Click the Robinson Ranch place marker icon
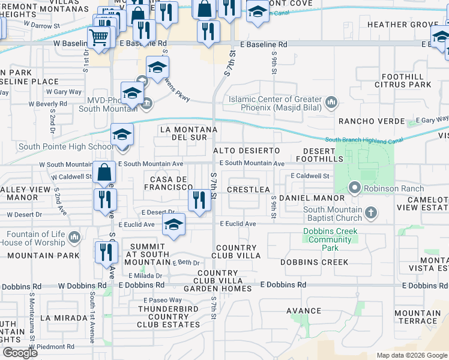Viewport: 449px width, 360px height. click(355, 188)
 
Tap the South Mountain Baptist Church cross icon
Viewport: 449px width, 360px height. click(372, 212)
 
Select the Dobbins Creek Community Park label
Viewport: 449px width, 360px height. click(330, 239)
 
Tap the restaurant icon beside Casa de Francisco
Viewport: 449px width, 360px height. click(199, 200)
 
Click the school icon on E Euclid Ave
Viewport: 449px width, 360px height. click(174, 224)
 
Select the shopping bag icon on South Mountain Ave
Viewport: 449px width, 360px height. click(104, 172)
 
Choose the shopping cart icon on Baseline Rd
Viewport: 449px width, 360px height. click(98, 37)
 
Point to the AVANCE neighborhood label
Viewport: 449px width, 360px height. click(304, 311)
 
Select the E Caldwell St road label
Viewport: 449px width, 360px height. click(310, 176)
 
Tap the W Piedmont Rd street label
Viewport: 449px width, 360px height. click(46, 347)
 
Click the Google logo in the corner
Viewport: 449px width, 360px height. click(20, 353)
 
